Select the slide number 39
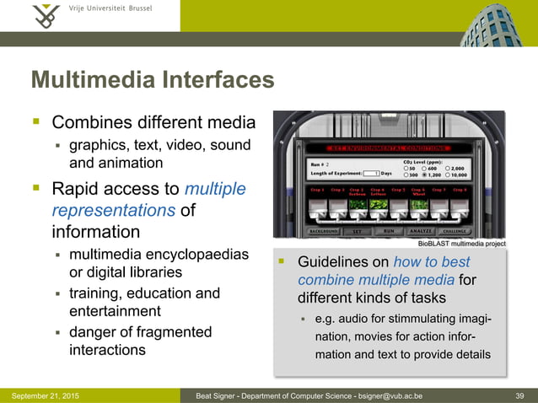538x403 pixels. click(x=519, y=395)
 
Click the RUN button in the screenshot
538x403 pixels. click(x=388, y=229)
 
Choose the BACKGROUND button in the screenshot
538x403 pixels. click(x=323, y=229)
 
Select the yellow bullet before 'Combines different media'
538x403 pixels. click(x=36, y=122)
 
